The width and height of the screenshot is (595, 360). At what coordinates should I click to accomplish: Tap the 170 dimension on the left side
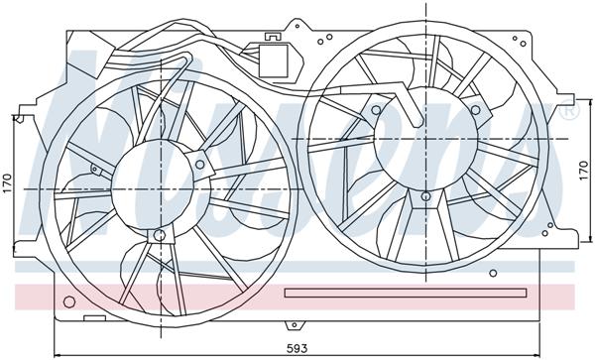[8, 185]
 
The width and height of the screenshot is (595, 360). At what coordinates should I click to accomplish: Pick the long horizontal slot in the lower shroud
[407, 293]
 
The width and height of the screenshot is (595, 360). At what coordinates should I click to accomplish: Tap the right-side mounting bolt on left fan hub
[203, 159]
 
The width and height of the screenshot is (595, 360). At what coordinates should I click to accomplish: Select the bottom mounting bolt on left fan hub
[159, 236]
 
